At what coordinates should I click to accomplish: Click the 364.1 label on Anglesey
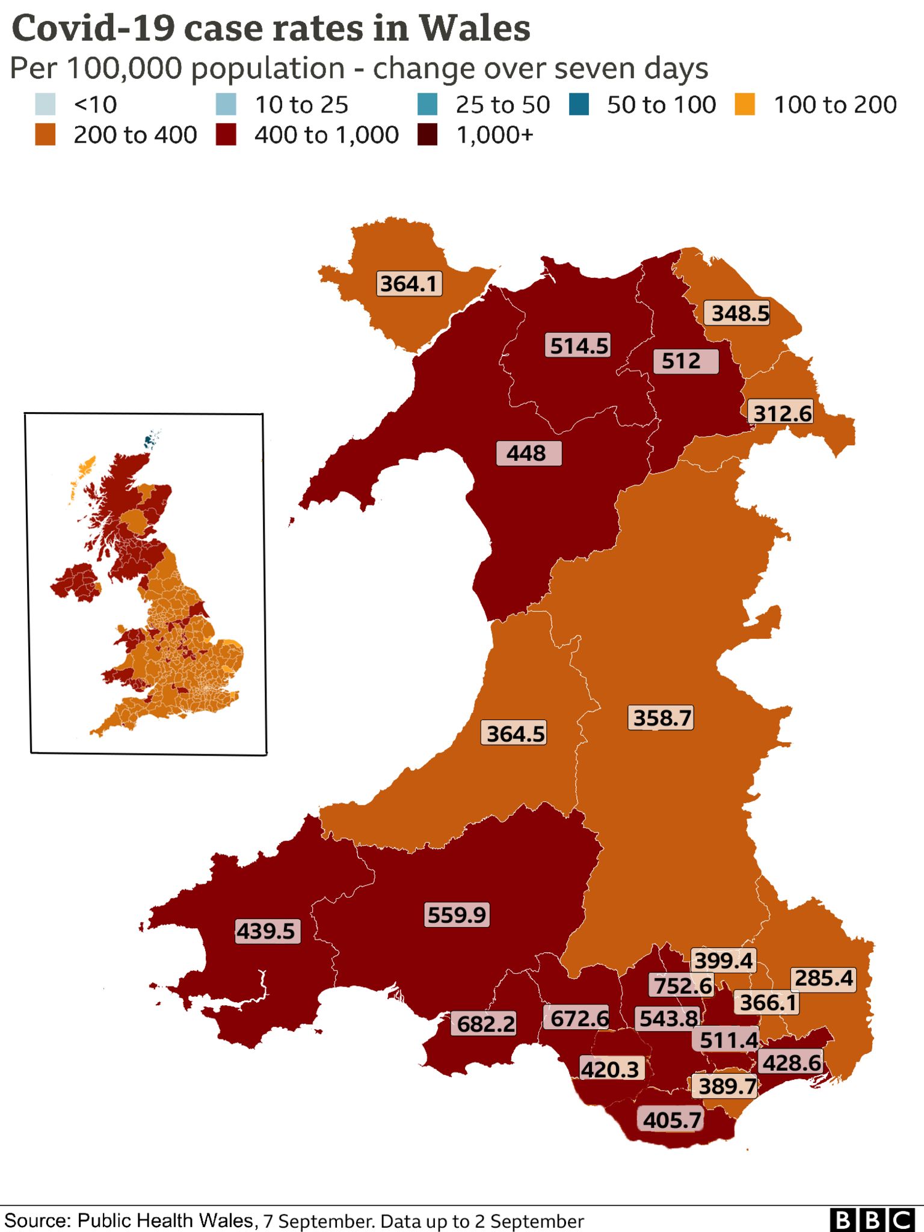(x=409, y=283)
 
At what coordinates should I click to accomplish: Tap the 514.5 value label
(x=579, y=346)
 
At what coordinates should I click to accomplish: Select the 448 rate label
(x=528, y=453)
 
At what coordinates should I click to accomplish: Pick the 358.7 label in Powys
(x=661, y=718)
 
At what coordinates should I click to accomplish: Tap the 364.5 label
(x=514, y=734)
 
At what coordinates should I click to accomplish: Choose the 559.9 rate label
(x=457, y=915)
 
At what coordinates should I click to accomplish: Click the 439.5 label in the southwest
(x=266, y=931)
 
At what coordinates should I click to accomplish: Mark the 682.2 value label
(x=485, y=1024)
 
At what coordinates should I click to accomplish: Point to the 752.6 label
(x=682, y=986)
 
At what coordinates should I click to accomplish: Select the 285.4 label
(x=823, y=979)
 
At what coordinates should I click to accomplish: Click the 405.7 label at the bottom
(x=671, y=1120)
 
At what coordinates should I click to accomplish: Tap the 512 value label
(x=685, y=361)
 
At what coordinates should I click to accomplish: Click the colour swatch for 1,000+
(x=427, y=135)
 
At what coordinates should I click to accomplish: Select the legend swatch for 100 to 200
(x=745, y=104)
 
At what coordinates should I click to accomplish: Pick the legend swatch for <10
(x=45, y=104)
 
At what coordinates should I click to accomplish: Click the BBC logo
(x=872, y=1220)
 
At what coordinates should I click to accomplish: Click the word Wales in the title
(x=475, y=28)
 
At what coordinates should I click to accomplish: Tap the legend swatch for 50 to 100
(x=579, y=104)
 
